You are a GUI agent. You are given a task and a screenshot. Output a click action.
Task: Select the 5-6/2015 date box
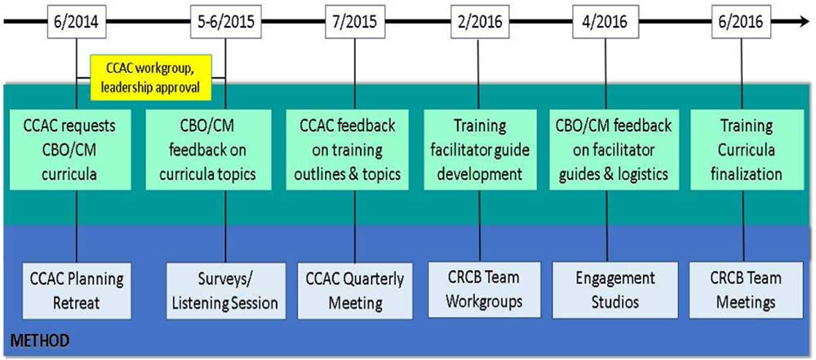226,22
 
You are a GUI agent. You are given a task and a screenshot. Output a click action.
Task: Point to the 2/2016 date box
478,22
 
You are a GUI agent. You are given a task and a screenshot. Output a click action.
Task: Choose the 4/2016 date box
605,22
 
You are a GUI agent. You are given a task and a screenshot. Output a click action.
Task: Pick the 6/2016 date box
742,22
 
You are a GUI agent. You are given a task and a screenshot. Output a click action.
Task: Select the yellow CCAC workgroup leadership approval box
151,77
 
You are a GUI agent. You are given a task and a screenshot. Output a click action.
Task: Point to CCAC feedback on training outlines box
347,150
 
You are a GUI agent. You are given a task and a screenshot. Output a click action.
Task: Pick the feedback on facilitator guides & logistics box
614,150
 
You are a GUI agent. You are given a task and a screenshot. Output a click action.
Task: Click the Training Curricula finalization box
747,150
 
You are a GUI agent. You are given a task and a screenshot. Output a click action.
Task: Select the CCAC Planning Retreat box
77,290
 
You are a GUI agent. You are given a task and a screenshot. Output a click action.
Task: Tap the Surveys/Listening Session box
226,290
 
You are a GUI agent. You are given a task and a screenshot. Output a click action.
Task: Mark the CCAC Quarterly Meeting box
354,290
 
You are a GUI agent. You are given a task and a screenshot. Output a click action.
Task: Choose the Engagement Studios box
615,290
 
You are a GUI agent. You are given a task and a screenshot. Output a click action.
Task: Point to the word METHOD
40,342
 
